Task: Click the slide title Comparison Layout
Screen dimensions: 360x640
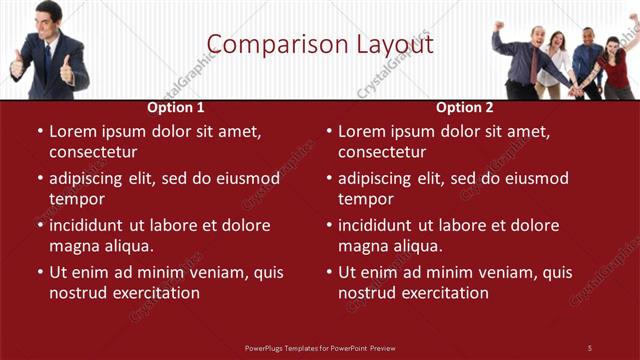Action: pyautogui.click(x=320, y=45)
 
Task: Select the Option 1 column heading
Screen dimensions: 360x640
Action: pyautogui.click(x=176, y=107)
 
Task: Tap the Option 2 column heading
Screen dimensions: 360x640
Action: pyautogui.click(x=465, y=107)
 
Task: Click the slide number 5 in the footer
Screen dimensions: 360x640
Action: pyautogui.click(x=589, y=347)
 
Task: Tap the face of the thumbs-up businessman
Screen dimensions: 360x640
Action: pyautogui.click(x=47, y=18)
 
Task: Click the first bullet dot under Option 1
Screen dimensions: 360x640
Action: pyautogui.click(x=39, y=131)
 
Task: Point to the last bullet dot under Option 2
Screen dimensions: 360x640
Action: pyautogui.click(x=328, y=272)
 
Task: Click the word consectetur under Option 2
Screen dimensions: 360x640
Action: pyautogui.click(x=382, y=152)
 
